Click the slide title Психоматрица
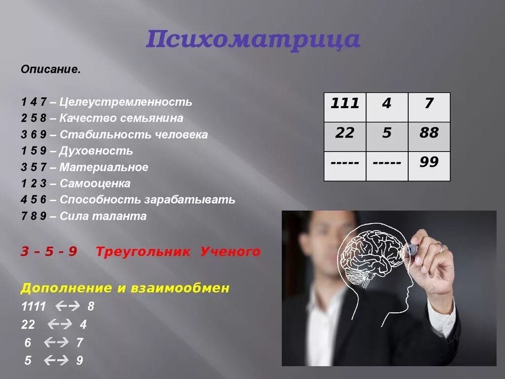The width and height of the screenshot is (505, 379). coord(252,40)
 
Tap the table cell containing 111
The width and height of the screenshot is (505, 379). coord(345,107)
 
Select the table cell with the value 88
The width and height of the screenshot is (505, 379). coord(429,137)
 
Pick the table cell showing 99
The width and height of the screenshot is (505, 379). coord(429,166)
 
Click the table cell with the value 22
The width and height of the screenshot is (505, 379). coord(345,137)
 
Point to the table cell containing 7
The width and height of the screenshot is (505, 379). coord(429,107)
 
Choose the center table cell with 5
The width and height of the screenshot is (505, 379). coord(387,137)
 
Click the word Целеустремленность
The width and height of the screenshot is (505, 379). coord(126,102)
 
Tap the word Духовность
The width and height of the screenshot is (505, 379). coord(96,151)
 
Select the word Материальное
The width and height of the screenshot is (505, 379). coord(104,167)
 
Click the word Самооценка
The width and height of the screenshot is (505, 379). coord(95,184)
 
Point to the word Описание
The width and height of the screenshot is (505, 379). coord(50,70)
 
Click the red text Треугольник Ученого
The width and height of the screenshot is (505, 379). coord(178,252)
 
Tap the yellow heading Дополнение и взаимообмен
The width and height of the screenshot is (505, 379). coord(125,288)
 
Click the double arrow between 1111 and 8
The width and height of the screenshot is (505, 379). coord(68,306)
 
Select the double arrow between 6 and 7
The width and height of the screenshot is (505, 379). coord(55,342)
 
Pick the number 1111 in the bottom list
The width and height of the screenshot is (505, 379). coord(34,306)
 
